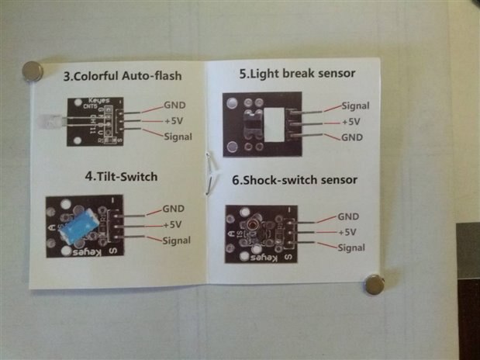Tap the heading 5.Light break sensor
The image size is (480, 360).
(x=297, y=74)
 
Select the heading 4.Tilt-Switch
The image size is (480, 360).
(x=120, y=176)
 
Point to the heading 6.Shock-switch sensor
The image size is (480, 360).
(x=295, y=179)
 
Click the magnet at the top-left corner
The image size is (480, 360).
(x=32, y=71)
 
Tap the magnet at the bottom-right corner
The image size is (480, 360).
(x=374, y=284)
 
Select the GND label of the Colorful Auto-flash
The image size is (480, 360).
(x=174, y=106)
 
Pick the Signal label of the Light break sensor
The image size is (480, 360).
(x=355, y=106)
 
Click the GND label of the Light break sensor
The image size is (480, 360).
(x=352, y=137)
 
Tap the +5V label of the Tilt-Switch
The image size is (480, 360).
(x=172, y=224)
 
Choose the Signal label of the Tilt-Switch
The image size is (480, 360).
(x=177, y=241)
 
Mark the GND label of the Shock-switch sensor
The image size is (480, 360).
(x=348, y=216)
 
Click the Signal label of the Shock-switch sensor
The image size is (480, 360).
(x=352, y=247)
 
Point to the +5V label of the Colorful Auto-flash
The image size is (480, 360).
(x=173, y=121)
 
